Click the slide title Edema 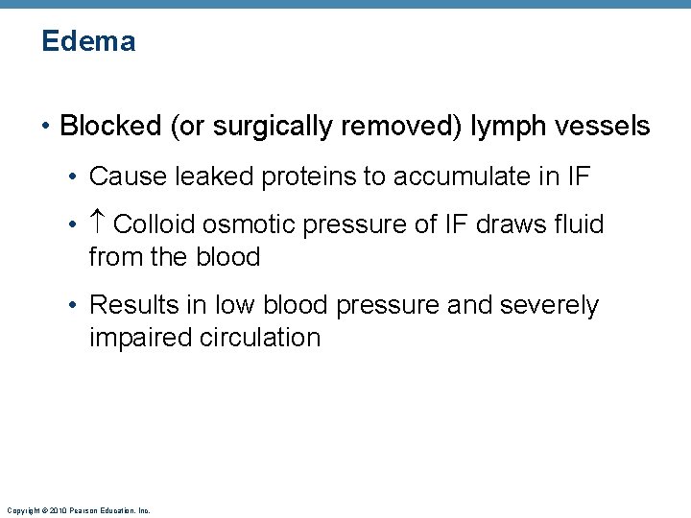tap(88, 41)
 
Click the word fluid tap(580, 224)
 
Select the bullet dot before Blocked tap(46, 127)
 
